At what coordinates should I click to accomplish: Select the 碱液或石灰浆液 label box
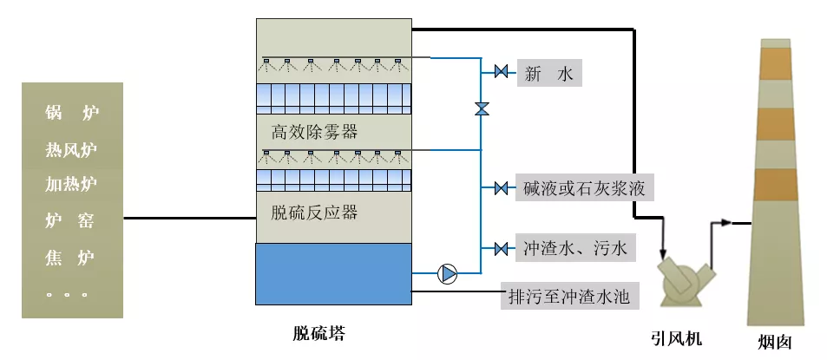click(x=583, y=188)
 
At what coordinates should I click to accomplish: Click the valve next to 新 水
click(x=501, y=72)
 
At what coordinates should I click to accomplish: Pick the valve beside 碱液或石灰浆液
click(x=501, y=188)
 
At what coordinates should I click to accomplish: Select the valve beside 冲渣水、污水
click(x=501, y=250)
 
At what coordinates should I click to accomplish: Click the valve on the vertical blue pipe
click(x=481, y=109)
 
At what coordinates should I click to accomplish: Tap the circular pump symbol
click(x=448, y=274)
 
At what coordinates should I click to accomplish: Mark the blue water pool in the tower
click(x=334, y=274)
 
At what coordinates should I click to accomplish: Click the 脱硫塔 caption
click(x=319, y=333)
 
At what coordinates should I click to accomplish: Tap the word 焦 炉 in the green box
click(x=71, y=258)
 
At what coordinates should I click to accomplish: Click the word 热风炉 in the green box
click(x=71, y=149)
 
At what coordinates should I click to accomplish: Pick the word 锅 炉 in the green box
click(x=71, y=113)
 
